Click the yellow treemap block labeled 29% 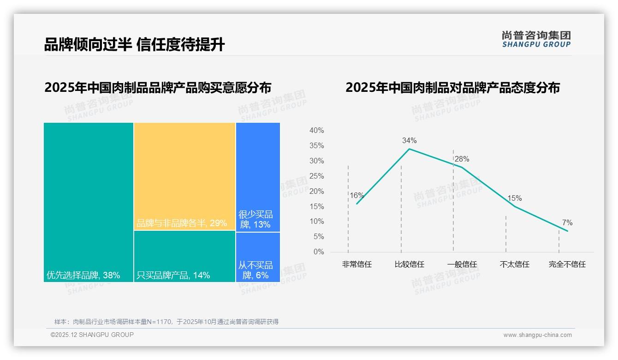[184, 176]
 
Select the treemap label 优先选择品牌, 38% [83, 276]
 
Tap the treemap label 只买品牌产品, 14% [173, 276]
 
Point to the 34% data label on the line [409, 140]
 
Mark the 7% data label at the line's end [567, 223]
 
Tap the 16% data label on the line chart [357, 196]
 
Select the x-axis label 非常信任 [357, 264]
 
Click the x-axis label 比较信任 [409, 264]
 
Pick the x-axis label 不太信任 [515, 264]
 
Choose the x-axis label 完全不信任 [567, 264]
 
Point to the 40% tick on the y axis [316, 131]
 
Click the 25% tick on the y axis [316, 176]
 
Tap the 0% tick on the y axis [319, 252]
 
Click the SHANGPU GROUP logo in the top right [536, 39]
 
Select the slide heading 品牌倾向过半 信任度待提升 [134, 45]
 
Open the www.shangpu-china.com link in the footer [537, 335]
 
